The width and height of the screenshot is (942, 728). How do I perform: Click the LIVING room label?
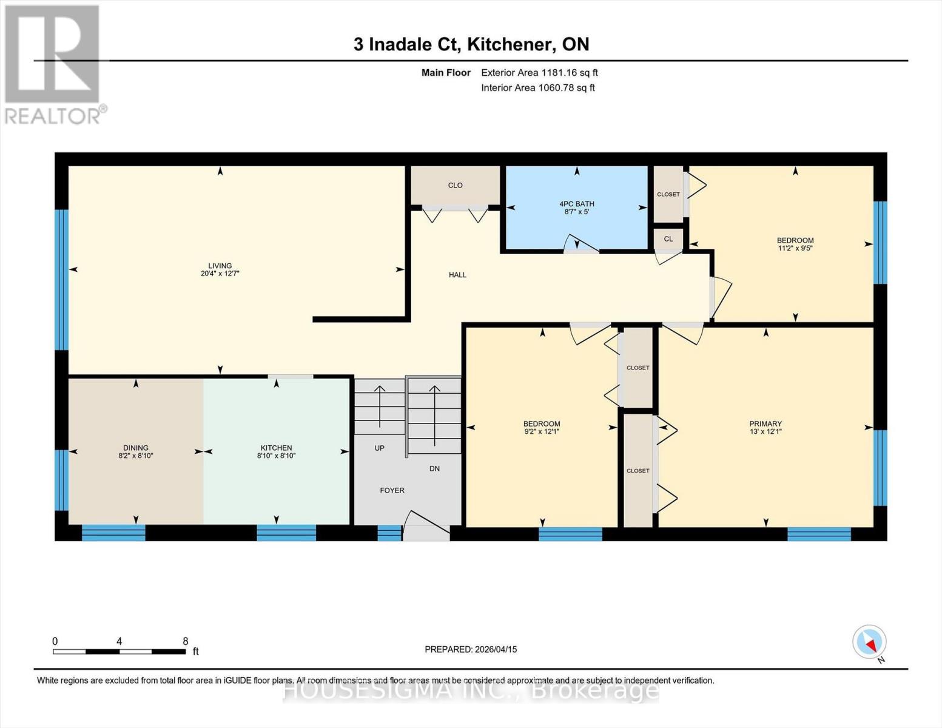220,266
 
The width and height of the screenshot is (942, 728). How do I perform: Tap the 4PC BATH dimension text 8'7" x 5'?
576,212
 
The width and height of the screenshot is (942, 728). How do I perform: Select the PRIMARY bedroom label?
765,423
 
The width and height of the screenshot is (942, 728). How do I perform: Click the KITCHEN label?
276,448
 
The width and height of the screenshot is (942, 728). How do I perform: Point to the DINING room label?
135,448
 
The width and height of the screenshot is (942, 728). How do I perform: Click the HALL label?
457,275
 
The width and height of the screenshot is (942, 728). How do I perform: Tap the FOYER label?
392,490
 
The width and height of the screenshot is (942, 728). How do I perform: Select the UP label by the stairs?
379,448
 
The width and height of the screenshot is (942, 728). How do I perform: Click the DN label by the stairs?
434,468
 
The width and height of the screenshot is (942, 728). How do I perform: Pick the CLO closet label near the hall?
455,185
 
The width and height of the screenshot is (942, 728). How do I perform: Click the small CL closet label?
668,239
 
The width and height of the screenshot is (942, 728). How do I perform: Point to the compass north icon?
870,642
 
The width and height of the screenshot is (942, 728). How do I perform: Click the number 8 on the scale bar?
185,641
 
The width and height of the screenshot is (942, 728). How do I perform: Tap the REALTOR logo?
53,64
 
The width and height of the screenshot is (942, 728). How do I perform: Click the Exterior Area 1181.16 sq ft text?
539,72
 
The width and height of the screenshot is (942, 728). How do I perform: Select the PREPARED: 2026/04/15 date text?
471,649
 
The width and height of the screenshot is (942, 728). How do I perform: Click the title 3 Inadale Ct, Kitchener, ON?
471,44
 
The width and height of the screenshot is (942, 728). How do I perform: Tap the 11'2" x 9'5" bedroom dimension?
795,248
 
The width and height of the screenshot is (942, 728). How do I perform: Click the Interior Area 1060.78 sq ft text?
537,87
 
